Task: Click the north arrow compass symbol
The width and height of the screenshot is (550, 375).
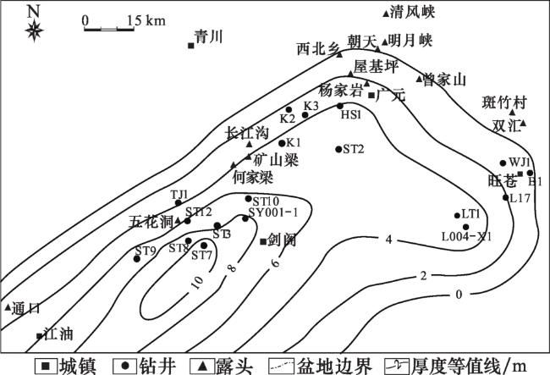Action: tap(34, 31)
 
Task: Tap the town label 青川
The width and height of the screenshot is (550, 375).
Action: tap(207, 36)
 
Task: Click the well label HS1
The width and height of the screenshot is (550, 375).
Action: tap(351, 114)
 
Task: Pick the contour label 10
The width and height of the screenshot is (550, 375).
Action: tap(198, 283)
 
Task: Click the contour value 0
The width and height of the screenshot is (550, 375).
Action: tap(458, 294)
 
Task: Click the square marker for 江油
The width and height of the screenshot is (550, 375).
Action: tap(39, 336)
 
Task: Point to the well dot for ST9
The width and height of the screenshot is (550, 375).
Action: tap(136, 258)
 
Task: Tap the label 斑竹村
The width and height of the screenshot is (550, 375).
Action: tap(509, 103)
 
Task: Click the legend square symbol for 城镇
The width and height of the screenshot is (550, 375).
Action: tap(41, 366)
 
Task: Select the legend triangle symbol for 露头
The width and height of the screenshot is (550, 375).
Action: tap(203, 366)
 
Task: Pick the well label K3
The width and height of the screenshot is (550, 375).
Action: tap(311, 106)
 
